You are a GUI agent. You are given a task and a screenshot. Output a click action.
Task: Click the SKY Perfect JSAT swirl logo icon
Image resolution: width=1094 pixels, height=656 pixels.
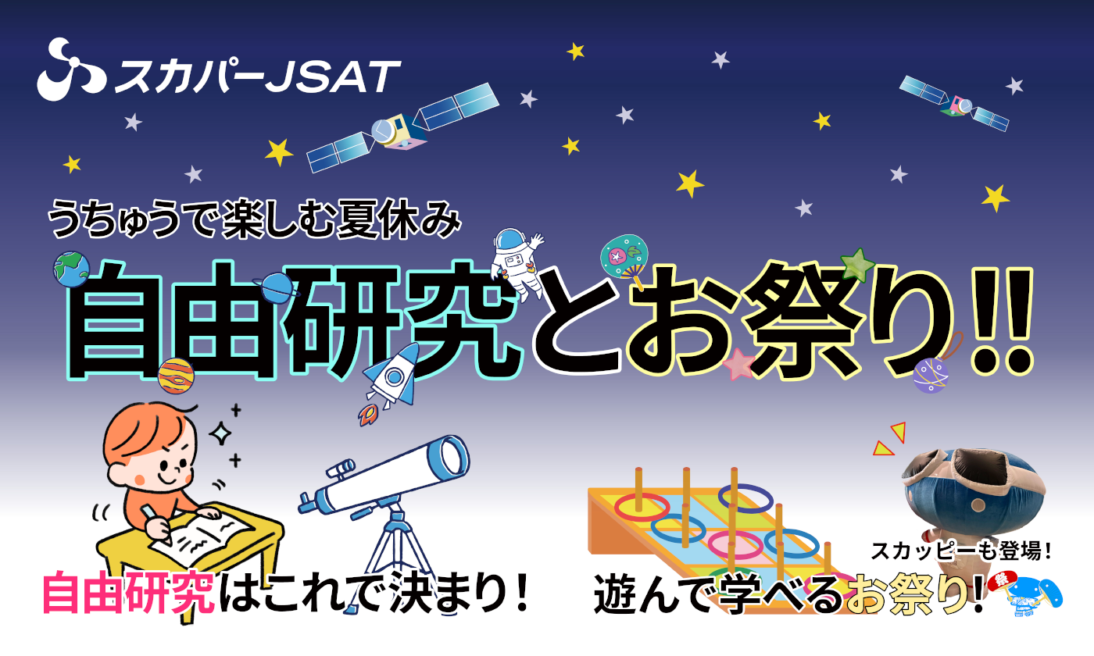click(71, 70)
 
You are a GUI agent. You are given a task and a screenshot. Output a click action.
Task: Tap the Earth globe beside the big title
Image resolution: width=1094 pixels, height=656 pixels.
click(71, 269)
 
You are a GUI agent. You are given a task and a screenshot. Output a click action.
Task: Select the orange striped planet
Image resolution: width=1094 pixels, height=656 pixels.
click(177, 376)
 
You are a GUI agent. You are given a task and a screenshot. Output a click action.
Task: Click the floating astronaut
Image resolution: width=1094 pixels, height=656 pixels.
click(517, 261)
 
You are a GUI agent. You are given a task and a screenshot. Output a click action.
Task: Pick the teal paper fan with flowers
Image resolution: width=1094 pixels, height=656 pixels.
click(624, 258)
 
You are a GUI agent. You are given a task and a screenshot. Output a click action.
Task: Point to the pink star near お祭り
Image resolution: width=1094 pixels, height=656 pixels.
click(738, 365)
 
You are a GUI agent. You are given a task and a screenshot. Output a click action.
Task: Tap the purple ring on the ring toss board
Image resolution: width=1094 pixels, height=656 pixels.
click(745, 498)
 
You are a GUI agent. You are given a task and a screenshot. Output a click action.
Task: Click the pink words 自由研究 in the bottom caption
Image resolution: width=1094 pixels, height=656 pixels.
click(128, 592)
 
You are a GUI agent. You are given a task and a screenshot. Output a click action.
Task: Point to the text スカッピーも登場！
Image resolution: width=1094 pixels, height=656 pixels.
click(960, 551)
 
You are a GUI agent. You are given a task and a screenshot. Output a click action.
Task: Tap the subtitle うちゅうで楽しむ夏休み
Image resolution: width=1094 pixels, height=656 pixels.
click(255, 219)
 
